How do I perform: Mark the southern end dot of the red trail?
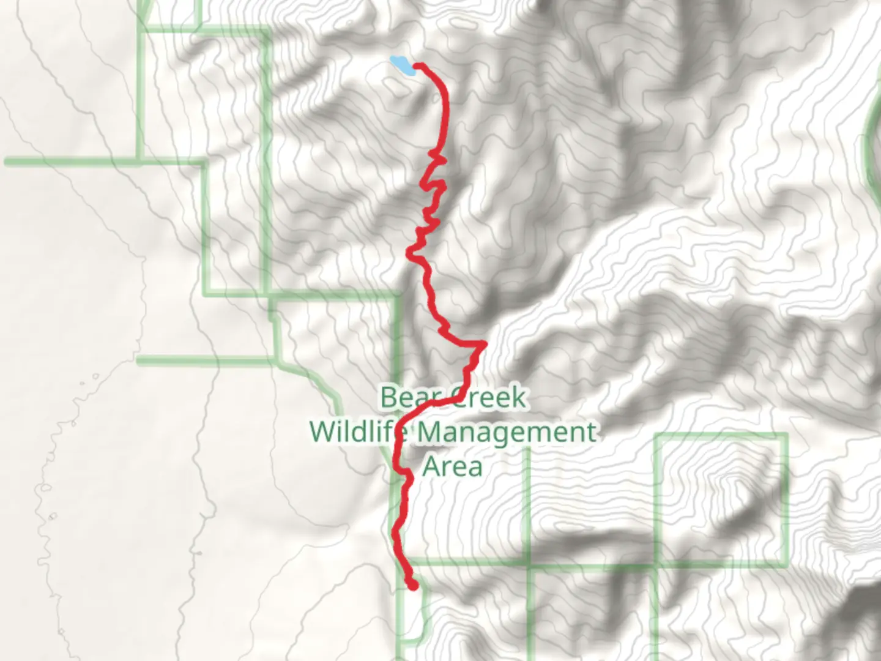tap(413, 586)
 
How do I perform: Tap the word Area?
tap(453, 467)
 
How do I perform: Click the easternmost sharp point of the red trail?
tap(485, 345)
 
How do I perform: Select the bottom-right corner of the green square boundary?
tap(784, 565)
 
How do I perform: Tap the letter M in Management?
tap(431, 432)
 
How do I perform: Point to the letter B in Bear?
tap(388, 397)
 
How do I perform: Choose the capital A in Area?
tap(433, 467)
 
